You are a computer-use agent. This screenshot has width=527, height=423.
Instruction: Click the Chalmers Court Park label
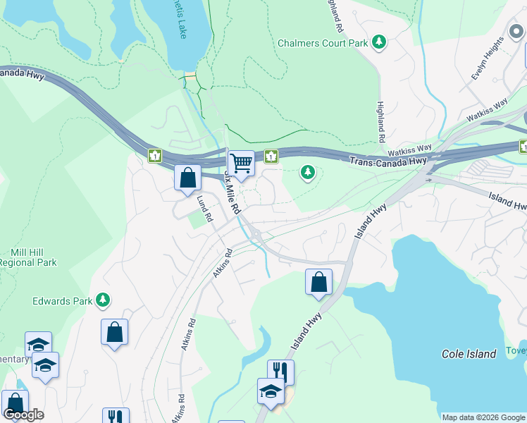coord(323,43)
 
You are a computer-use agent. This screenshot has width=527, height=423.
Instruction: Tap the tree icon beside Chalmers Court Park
coord(380,43)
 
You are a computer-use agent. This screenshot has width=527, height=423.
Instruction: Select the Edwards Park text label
coord(62,301)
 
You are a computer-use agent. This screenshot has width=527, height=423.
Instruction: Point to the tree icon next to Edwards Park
coord(104,301)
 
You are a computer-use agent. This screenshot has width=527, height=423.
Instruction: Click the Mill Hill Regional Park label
coord(27,257)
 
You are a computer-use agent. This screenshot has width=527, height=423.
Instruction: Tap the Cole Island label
coord(469,354)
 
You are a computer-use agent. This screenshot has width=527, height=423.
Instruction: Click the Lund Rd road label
coord(204,209)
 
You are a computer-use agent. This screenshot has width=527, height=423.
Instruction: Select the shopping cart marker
coord(241,164)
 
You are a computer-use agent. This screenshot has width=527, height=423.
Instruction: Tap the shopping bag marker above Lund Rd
coord(187,178)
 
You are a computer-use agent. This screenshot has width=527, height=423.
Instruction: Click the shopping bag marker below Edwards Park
coord(114,332)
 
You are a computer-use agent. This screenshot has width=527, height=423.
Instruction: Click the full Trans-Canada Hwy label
coord(388,161)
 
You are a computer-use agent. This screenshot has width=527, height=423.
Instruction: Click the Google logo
coord(23,415)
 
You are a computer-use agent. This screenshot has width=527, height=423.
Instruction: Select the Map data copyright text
coord(483,417)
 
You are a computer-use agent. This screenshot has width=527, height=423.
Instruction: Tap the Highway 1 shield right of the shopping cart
coord(271,156)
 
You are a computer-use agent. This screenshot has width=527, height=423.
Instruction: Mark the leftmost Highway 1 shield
coord(154,155)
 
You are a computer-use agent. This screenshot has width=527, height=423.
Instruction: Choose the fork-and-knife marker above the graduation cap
coord(280,371)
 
